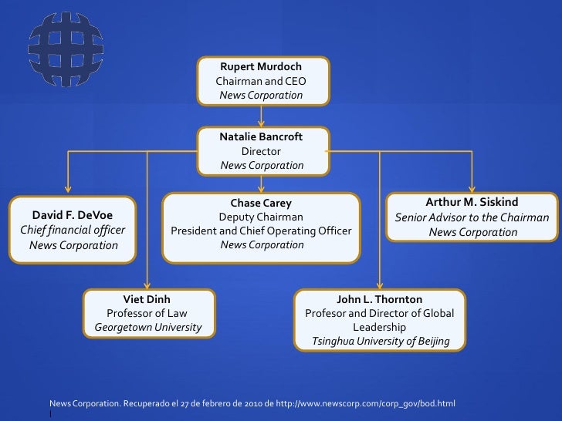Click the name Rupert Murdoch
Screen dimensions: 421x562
(261, 67)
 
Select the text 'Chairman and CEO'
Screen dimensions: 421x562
(261, 81)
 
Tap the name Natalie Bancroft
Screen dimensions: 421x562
(261, 136)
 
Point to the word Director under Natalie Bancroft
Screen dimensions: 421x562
(261, 151)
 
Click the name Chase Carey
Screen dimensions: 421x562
(261, 204)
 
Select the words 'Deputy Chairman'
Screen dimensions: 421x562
(261, 217)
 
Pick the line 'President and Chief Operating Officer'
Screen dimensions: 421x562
(261, 231)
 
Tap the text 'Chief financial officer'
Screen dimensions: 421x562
(73, 230)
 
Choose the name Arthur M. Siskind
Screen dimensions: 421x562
(472, 203)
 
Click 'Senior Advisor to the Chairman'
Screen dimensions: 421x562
(472, 217)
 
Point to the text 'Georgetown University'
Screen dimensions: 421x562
(147, 327)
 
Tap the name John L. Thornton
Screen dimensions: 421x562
(379, 299)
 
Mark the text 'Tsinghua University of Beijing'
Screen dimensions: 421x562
(380, 341)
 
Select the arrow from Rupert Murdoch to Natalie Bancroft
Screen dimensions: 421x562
(262, 116)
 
